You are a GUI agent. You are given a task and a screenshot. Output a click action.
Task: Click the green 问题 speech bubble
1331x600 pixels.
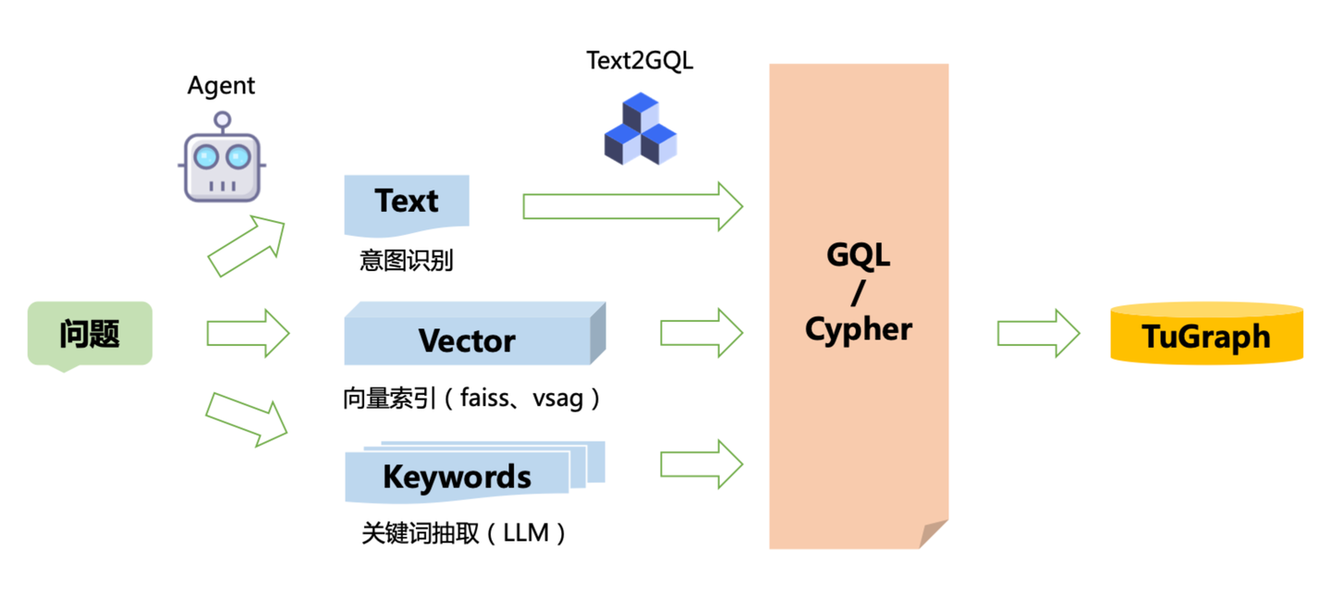90,334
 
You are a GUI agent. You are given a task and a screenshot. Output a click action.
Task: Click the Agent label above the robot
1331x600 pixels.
221,86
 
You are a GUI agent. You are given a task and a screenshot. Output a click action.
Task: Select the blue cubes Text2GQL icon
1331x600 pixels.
640,129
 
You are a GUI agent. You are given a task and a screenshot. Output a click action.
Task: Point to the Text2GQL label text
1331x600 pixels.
640,61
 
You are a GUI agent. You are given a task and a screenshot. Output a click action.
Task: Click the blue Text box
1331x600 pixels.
407,202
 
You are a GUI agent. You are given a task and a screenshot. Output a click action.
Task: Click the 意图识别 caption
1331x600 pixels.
407,260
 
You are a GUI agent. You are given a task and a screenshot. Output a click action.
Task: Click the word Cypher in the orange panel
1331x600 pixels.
858,328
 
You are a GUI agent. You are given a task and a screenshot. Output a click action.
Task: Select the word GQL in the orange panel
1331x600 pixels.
858,254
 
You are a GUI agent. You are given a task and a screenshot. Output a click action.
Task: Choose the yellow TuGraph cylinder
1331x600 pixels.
1206,335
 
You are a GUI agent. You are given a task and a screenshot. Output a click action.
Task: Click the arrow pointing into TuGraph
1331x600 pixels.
1038,333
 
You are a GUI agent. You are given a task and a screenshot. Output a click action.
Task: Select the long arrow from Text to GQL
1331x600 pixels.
632,206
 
